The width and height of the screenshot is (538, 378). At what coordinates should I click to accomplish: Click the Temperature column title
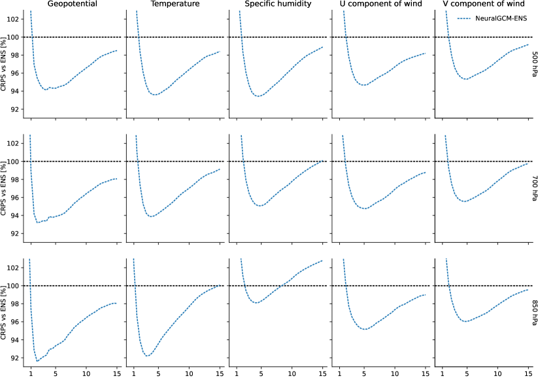tap(176, 5)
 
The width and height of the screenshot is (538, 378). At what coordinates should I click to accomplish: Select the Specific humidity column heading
tap(279, 5)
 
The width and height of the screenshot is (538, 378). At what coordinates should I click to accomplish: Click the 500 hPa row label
tap(534, 65)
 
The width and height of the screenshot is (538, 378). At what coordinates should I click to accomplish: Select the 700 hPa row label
tap(534, 189)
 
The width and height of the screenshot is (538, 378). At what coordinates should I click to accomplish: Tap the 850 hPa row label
tap(534, 313)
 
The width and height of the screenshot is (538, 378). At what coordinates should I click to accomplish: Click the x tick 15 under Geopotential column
tap(116, 373)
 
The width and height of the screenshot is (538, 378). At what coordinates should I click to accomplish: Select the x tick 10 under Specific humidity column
tap(292, 373)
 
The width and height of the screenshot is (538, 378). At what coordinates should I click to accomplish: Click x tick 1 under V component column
tap(442, 373)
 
